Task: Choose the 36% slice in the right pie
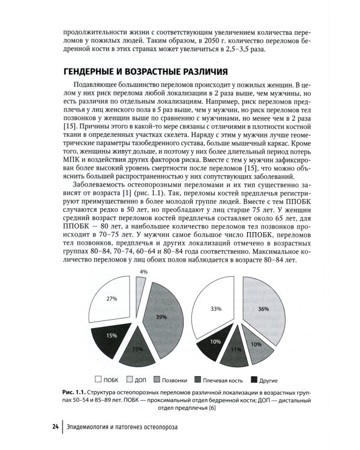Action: pos(261,309)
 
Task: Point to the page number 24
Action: pos(55,427)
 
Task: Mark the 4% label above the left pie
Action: pos(143,272)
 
